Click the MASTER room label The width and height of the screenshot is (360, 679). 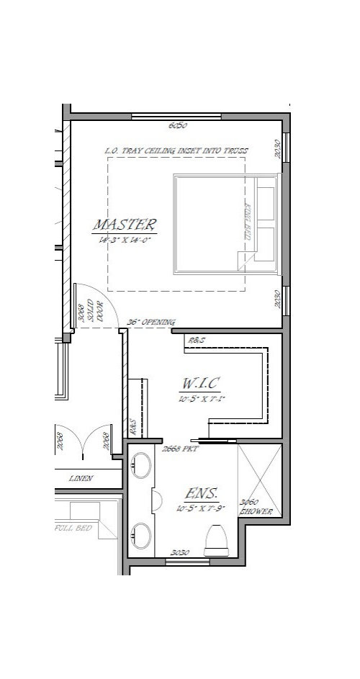tap(125, 223)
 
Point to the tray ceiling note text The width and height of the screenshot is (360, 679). tap(177, 150)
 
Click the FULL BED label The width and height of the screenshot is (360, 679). tap(72, 528)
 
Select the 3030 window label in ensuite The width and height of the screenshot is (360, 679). tap(180, 553)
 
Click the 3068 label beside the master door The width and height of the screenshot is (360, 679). tap(81, 315)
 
